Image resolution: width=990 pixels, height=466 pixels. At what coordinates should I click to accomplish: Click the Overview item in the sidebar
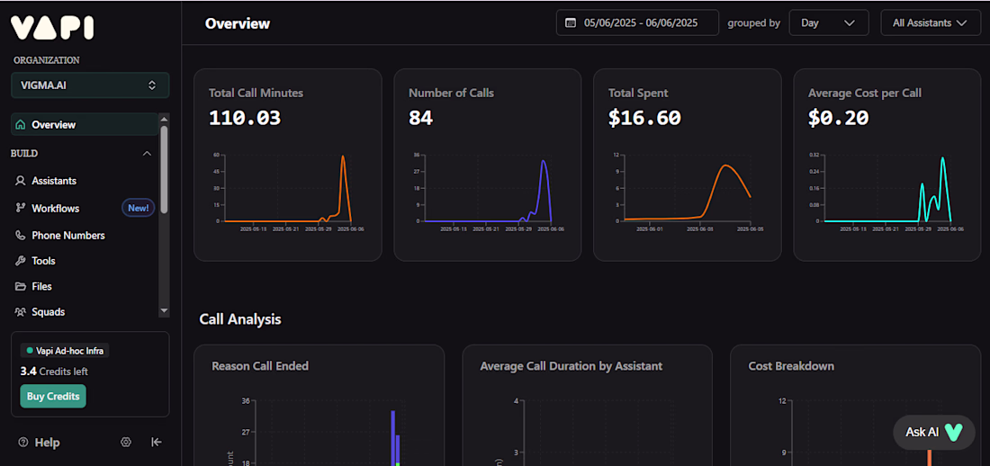[x=53, y=125]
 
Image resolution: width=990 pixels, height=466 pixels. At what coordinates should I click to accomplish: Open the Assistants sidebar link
[x=54, y=181]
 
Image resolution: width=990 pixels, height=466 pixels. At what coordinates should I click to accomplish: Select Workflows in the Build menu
[x=55, y=209]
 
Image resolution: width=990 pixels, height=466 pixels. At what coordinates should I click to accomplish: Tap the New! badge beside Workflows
[x=138, y=208]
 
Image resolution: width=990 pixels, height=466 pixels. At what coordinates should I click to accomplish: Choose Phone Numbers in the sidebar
[x=67, y=236]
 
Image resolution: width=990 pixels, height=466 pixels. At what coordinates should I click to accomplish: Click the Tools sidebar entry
[x=43, y=261]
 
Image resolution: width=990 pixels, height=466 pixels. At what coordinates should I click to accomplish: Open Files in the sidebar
[x=41, y=287]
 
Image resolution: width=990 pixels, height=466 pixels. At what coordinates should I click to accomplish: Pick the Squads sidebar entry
[x=48, y=312]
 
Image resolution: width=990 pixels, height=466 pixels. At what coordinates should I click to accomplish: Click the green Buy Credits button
[x=53, y=397]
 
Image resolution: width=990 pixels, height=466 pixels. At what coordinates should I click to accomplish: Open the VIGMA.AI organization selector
[x=90, y=85]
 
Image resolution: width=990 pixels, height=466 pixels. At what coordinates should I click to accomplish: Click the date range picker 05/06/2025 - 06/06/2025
[x=637, y=22]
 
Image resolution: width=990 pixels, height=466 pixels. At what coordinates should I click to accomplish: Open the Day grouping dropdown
[x=828, y=22]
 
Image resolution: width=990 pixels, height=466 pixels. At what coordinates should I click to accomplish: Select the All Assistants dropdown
[x=930, y=22]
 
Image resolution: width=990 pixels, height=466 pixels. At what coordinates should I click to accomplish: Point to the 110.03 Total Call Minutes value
[x=245, y=118]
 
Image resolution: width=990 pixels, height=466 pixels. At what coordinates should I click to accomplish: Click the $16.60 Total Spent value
[x=644, y=118]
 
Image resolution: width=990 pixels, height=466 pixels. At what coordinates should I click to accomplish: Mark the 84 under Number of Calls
[x=420, y=118]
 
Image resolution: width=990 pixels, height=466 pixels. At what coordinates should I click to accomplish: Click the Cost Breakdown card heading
[x=791, y=366]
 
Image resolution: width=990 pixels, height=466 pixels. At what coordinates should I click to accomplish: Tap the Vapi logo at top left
[x=52, y=27]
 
